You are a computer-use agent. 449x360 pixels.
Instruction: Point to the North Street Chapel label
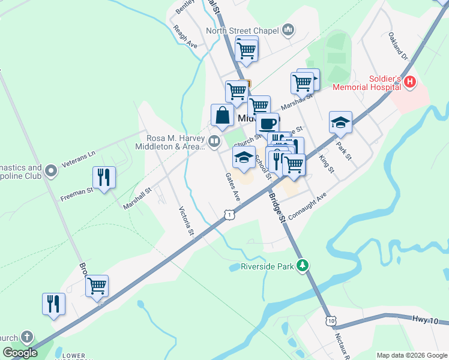[x=243, y=31]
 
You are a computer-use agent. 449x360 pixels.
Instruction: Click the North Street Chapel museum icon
[x=288, y=29]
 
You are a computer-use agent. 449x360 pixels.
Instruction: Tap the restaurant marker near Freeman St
[x=104, y=178]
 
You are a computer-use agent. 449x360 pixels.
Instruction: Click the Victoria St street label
[x=187, y=221]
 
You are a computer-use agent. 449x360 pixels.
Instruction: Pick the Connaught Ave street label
[x=307, y=206]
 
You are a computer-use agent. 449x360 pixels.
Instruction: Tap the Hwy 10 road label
[x=426, y=321]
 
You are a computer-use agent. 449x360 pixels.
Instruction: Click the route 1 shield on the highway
[x=229, y=214]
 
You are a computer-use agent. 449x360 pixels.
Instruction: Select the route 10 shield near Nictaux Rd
[x=331, y=322]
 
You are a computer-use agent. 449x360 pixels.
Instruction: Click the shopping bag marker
[x=222, y=115]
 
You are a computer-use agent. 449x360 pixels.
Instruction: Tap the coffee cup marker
[x=268, y=124]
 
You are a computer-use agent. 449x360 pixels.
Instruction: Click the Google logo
[x=20, y=352]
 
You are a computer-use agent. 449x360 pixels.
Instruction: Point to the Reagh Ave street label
[x=185, y=37]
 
